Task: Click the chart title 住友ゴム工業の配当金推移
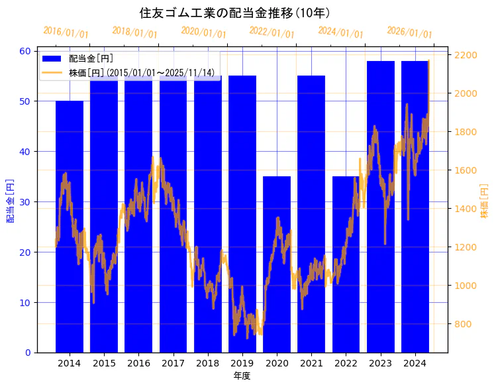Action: (235, 13)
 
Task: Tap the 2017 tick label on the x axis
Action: (173, 363)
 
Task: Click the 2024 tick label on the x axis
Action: (415, 363)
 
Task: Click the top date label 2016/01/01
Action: (66, 32)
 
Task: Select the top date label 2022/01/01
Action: (272, 32)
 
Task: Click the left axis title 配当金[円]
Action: (11, 200)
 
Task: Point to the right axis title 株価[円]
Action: (484, 201)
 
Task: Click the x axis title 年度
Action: (242, 376)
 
